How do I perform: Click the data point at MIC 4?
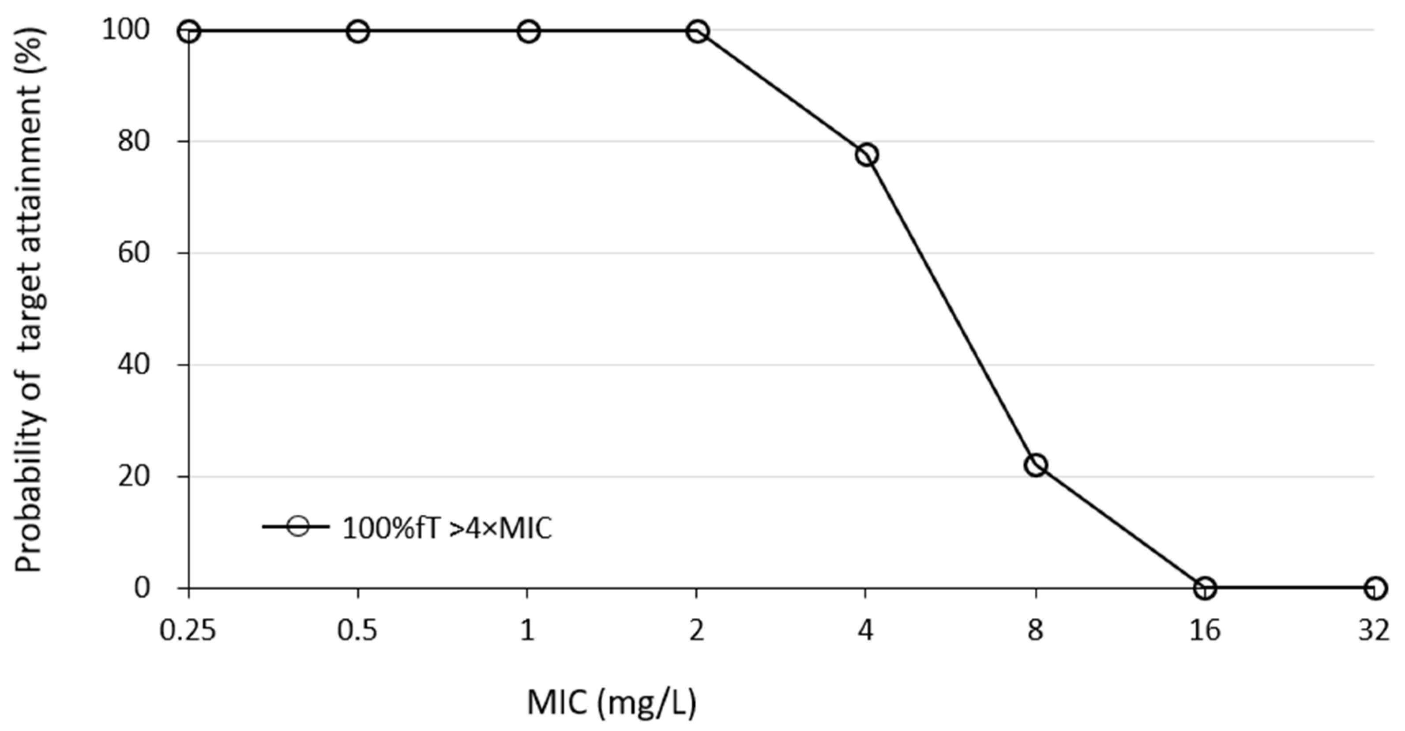click(x=867, y=155)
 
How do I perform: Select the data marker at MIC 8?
click(x=1036, y=465)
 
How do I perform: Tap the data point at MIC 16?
click(x=1205, y=588)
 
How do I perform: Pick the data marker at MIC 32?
click(x=1375, y=588)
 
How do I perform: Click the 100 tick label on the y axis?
click(x=125, y=30)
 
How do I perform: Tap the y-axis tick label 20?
click(x=134, y=476)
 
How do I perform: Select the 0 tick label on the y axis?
click(x=142, y=588)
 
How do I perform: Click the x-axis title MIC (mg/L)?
click(x=612, y=703)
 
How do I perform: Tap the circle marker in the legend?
click(x=298, y=527)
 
